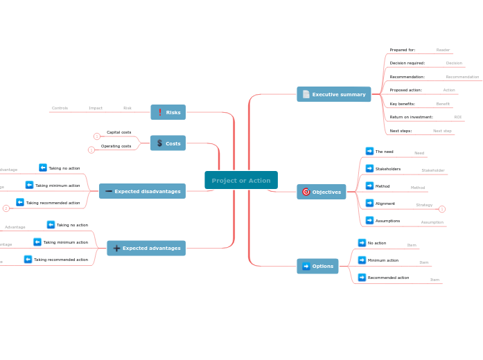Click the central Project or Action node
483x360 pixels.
click(x=241, y=180)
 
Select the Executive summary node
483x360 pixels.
click(x=334, y=94)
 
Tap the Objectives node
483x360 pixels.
click(x=322, y=192)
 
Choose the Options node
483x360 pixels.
click(x=317, y=266)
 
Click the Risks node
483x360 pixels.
click(x=168, y=112)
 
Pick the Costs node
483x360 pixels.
click(x=168, y=143)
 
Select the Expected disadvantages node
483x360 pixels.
click(x=142, y=191)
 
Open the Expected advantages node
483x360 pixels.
click(x=146, y=248)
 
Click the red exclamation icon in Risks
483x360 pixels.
click(x=160, y=112)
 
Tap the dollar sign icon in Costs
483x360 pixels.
click(x=159, y=143)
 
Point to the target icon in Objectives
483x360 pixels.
click(x=306, y=192)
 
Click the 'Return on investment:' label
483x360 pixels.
click(x=411, y=117)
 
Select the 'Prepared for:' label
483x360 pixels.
click(x=402, y=50)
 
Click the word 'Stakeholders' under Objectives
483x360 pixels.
click(x=387, y=169)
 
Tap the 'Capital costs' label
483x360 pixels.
click(x=118, y=132)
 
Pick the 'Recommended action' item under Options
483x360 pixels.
click(x=388, y=278)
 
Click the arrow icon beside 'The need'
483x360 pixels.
click(x=369, y=151)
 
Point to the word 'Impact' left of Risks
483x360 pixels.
click(x=96, y=108)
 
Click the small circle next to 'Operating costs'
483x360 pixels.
click(x=91, y=150)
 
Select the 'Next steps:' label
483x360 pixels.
click(x=401, y=131)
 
